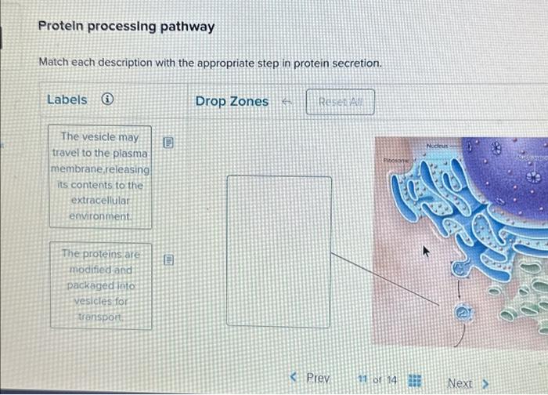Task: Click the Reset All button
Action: tap(341, 102)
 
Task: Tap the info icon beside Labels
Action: tap(107, 100)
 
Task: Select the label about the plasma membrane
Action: tap(99, 176)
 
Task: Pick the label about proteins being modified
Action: tap(100, 286)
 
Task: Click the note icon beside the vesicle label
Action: tap(167, 143)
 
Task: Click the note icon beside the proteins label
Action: tap(167, 259)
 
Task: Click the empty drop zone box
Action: tap(278, 251)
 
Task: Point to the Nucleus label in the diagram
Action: tap(438, 146)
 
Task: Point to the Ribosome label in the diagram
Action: tap(396, 160)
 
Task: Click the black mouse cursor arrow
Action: tap(427, 252)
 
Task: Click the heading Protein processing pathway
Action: tap(126, 27)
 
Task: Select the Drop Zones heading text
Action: tap(232, 101)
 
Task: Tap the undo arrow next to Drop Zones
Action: tap(287, 102)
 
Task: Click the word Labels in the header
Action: tap(67, 100)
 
